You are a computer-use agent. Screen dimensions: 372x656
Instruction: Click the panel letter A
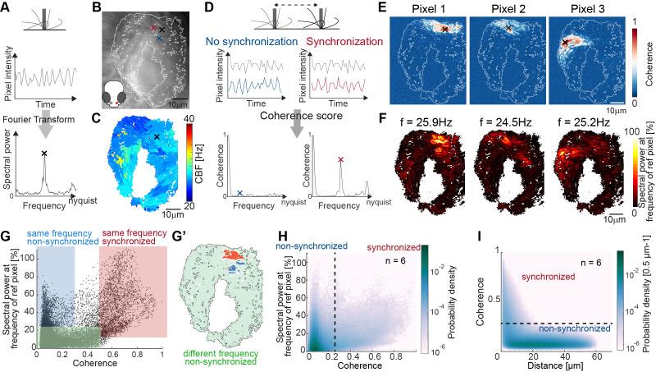tap(7, 7)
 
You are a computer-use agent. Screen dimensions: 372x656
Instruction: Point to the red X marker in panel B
tap(153, 27)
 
